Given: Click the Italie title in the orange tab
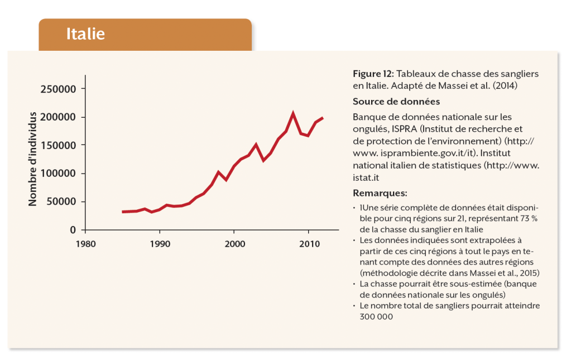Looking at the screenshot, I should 85,33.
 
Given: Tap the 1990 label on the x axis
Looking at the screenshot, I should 160,244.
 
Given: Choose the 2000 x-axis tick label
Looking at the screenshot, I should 234,244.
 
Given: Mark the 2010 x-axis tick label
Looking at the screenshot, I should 309,244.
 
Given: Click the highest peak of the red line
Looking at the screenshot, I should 293,113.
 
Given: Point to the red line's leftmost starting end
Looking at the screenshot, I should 123,212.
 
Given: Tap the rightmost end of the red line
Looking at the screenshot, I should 323,118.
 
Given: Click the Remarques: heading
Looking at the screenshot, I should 380,193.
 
